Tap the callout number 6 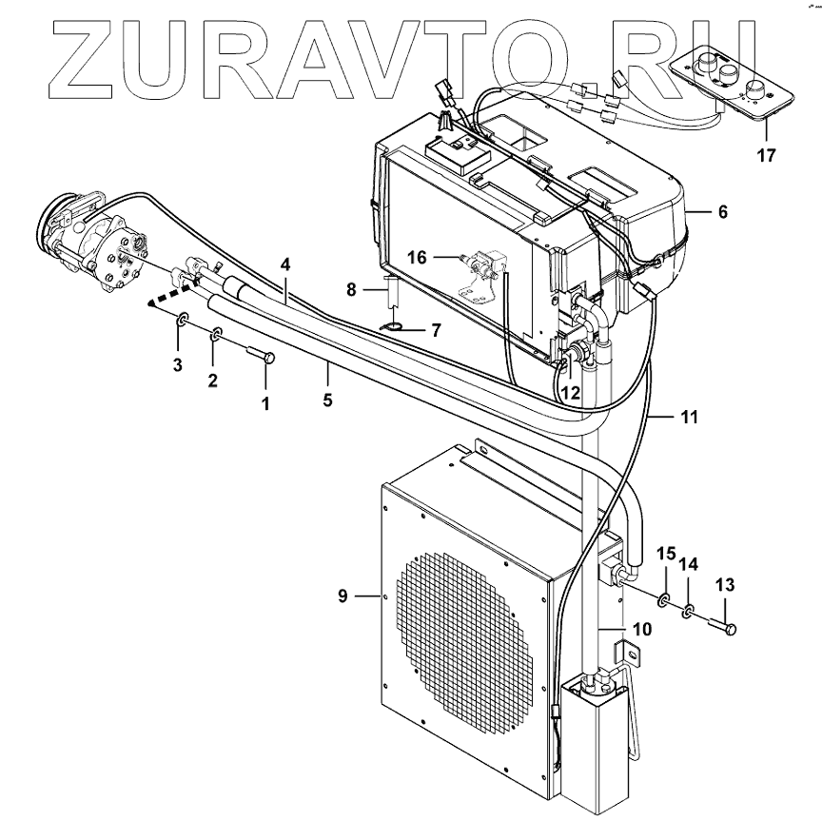pyautogui.click(x=722, y=212)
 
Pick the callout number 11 pyautogui.click(x=690, y=418)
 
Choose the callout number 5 pyautogui.click(x=327, y=400)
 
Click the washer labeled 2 pyautogui.click(x=217, y=334)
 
